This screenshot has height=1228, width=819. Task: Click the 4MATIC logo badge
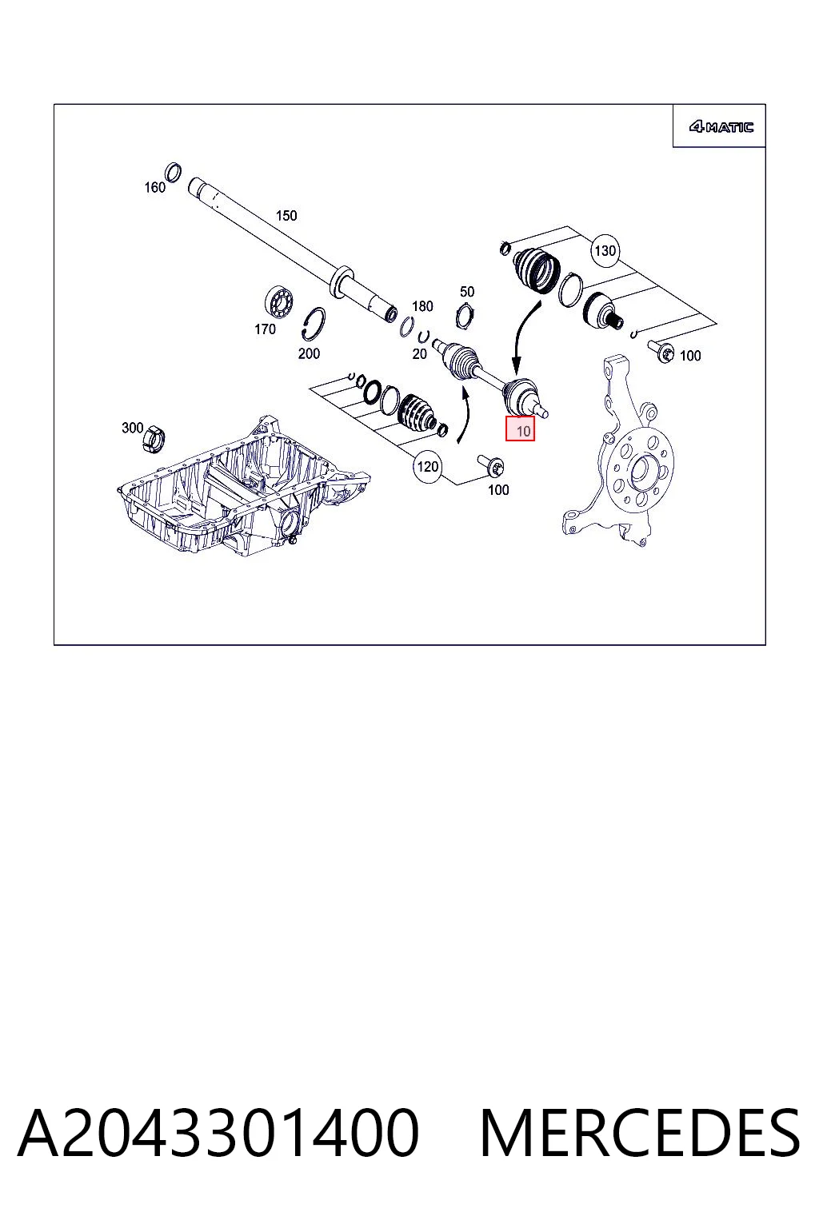coord(721,127)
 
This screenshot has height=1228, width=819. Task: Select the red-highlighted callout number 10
coord(520,429)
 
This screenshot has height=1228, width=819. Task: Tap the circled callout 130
coord(605,250)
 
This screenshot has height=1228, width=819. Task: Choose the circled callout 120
coord(427,467)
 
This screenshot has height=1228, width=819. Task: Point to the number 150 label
coord(286,215)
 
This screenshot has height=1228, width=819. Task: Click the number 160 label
coord(154,188)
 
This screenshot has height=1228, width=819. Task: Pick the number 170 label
coord(265,329)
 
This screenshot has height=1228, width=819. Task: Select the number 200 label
coord(309,353)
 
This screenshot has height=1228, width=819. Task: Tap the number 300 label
coord(132,428)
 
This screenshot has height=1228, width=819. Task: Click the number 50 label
coord(467,291)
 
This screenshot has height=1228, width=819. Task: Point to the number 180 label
coord(422,306)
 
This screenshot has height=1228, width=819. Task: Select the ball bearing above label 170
coord(278,301)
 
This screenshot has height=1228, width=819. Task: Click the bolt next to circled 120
coord(491,465)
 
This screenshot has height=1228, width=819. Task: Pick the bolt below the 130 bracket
coord(661,351)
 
